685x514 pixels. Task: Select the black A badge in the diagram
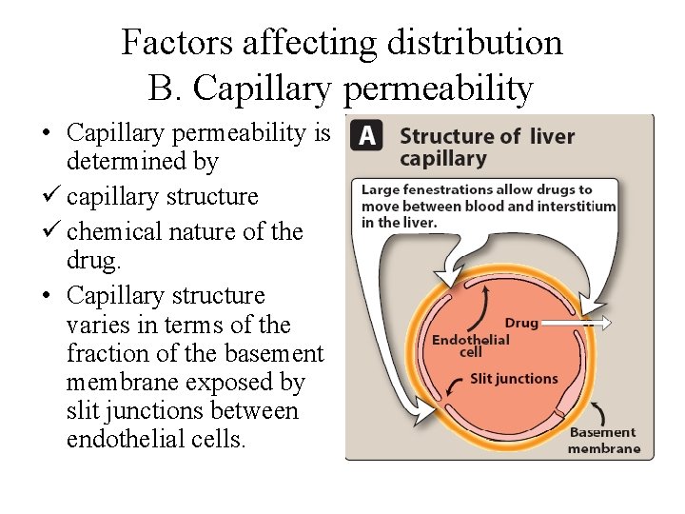coord(368,136)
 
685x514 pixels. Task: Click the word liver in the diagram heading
coord(552,136)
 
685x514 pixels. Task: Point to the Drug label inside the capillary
coord(521,323)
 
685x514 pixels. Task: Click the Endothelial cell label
coord(470,346)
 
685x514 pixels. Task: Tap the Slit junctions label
coord(514,379)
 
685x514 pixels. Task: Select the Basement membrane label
coord(604,441)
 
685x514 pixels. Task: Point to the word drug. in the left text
coord(90,260)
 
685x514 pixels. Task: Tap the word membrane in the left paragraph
coord(117,383)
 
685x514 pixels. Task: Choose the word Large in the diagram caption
coord(381,190)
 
